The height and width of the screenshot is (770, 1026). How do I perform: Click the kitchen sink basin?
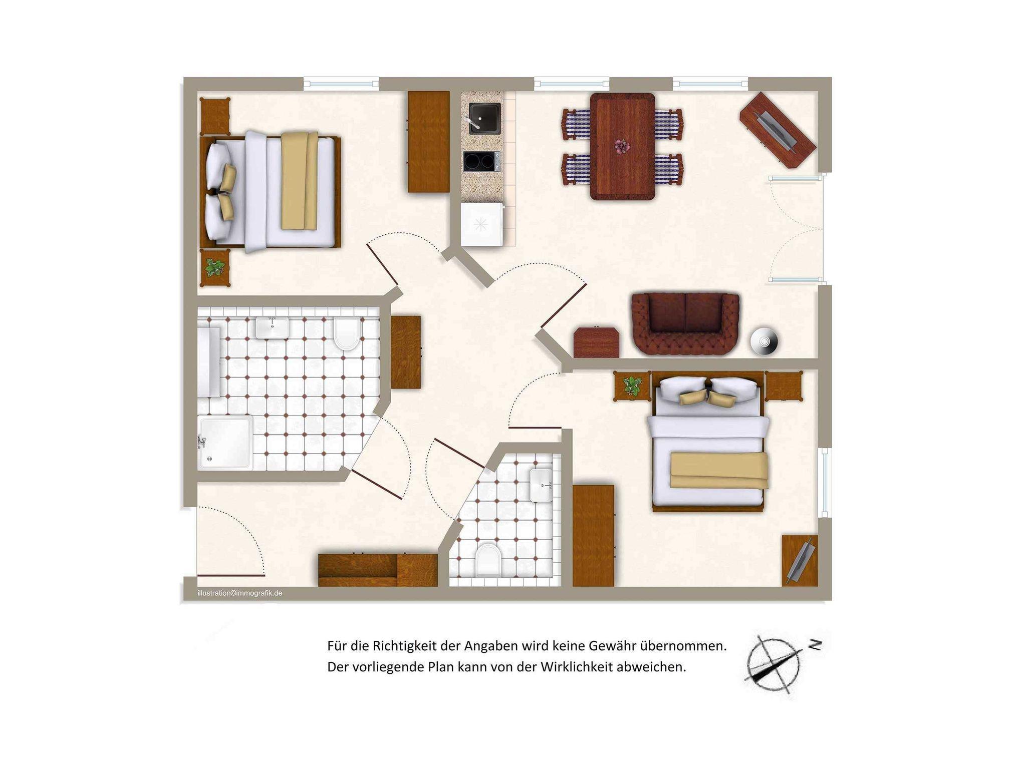(x=484, y=119)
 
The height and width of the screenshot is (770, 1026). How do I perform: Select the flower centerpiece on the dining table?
(x=622, y=147)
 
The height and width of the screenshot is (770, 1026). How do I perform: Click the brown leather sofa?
(x=685, y=324)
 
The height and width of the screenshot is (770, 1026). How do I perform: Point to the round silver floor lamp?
(x=764, y=341)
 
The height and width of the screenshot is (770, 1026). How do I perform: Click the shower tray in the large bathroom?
(x=225, y=443)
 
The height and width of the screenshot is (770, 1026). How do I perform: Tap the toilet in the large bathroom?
(x=347, y=334)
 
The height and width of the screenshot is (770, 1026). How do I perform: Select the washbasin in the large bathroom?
(x=272, y=327)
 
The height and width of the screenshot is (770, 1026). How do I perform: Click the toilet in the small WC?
(x=488, y=560)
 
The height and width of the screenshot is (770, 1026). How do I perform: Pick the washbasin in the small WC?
(x=541, y=485)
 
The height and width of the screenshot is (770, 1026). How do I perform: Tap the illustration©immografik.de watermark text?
(x=240, y=593)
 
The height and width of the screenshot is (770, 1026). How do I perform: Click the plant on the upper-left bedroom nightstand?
(x=215, y=267)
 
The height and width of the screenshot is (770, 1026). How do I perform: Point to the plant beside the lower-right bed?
(x=632, y=386)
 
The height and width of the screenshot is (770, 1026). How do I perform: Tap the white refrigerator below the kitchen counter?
(x=482, y=224)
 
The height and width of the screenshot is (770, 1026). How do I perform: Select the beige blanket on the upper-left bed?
(x=300, y=181)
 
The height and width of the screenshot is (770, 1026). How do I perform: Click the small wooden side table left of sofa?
(x=596, y=342)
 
